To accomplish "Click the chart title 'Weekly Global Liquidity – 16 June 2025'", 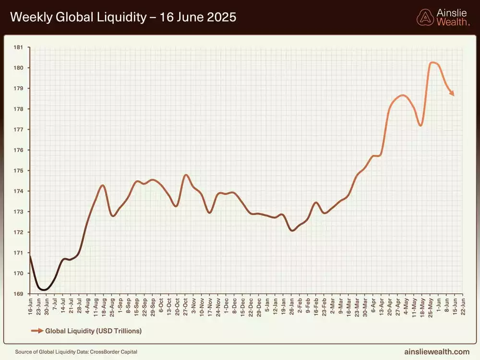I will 123,17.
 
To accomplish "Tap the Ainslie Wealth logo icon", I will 425,17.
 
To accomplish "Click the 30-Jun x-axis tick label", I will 46,305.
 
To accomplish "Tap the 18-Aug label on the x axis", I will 103,305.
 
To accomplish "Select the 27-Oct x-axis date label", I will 185,305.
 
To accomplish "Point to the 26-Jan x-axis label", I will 291,305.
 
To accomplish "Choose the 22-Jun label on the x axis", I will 463,305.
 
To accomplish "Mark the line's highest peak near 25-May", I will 433,62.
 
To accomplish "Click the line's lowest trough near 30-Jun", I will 44,290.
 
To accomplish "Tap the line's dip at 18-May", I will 420,126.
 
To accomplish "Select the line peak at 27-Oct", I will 186,175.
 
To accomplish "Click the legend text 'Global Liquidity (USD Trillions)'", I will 93,331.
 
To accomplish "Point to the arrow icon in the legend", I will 36,331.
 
